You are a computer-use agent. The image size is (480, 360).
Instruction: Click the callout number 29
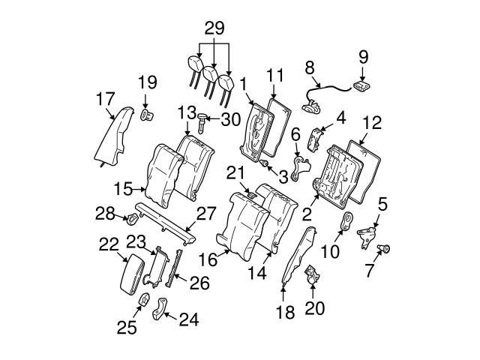(x=214, y=30)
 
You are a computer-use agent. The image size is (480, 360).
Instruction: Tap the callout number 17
(x=106, y=97)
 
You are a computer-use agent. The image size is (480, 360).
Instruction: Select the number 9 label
(x=364, y=55)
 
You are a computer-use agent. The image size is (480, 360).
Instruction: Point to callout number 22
(x=109, y=244)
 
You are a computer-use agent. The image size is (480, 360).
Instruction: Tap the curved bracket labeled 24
(x=160, y=309)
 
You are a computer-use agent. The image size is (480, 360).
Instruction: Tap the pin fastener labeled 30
(x=203, y=118)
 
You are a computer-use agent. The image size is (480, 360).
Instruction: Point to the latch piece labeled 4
(x=316, y=139)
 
